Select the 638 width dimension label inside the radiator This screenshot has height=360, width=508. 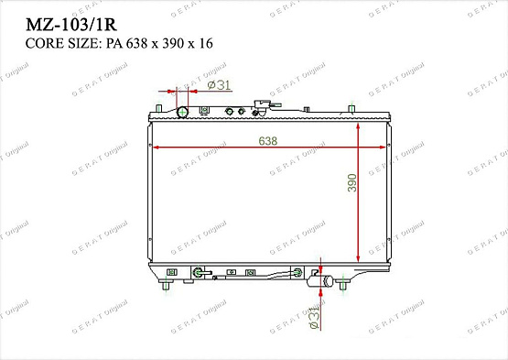click(x=267, y=140)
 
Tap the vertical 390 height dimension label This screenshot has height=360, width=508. click(x=351, y=182)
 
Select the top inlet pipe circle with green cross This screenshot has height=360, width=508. click(x=182, y=113)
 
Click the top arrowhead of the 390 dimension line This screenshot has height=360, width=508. click(x=358, y=125)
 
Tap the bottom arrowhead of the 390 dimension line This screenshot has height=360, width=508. click(x=358, y=262)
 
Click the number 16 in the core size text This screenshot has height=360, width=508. click(x=210, y=43)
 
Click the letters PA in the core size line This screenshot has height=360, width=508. click(x=112, y=43)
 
